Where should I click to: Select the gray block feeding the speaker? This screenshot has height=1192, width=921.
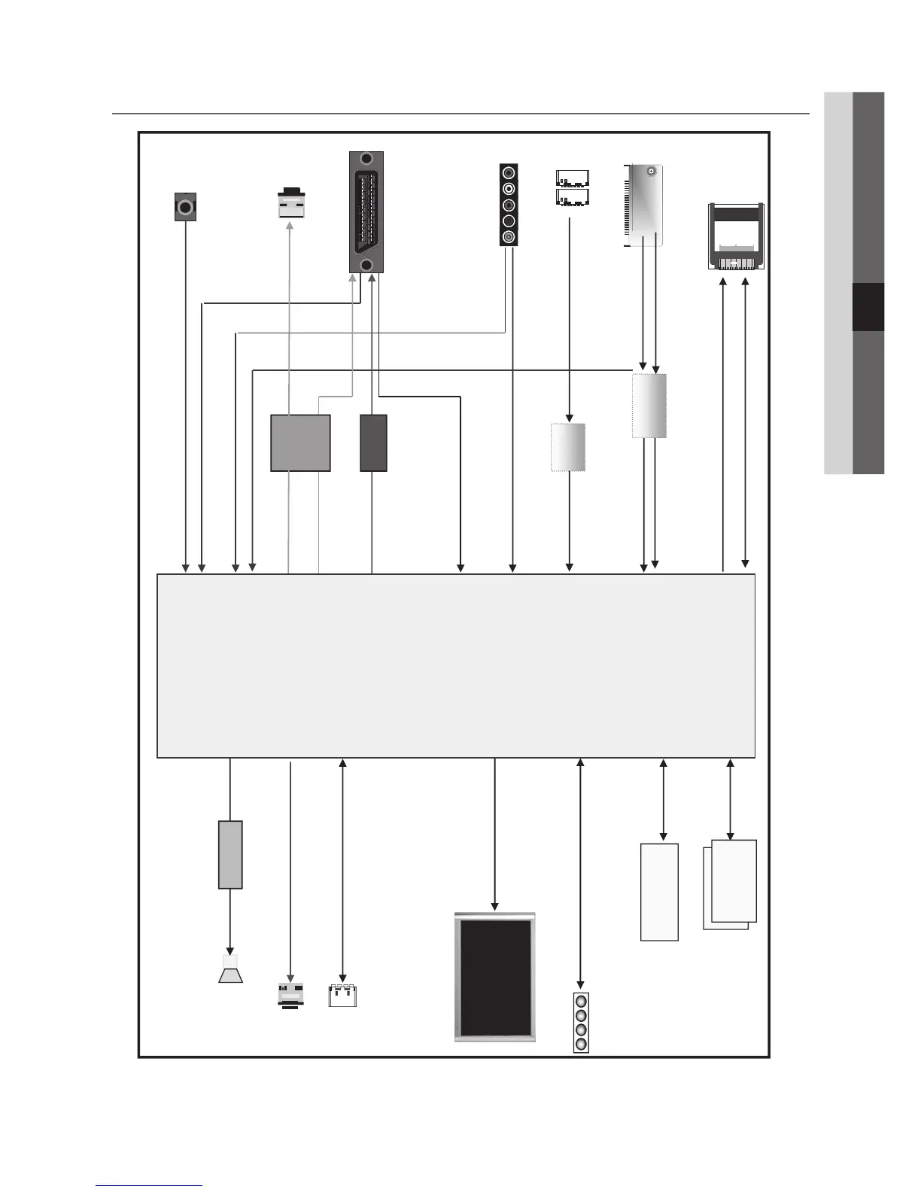230,855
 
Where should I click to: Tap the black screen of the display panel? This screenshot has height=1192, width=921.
495,977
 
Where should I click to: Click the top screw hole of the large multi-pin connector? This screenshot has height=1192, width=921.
366,159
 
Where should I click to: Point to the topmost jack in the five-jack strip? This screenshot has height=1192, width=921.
509,172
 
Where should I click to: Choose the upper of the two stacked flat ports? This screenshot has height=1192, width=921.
572,179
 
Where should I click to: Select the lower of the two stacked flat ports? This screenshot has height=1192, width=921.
572,197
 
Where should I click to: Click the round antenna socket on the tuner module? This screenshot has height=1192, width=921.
652,172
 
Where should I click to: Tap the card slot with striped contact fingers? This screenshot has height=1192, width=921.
737,236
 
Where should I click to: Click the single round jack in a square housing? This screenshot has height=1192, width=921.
185,206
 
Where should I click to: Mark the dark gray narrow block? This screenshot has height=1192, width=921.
373,443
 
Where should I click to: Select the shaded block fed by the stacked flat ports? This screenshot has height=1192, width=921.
568,447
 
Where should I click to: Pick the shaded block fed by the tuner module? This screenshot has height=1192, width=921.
649,406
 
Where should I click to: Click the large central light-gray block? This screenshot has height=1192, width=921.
455,665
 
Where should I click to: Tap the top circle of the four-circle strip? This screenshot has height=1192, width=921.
580,1001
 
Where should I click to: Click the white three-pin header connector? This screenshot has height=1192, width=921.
342,995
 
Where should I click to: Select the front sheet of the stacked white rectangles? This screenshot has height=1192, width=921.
734,880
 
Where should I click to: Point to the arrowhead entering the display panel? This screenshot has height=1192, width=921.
494,906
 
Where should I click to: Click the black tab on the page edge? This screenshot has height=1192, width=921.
868,307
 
